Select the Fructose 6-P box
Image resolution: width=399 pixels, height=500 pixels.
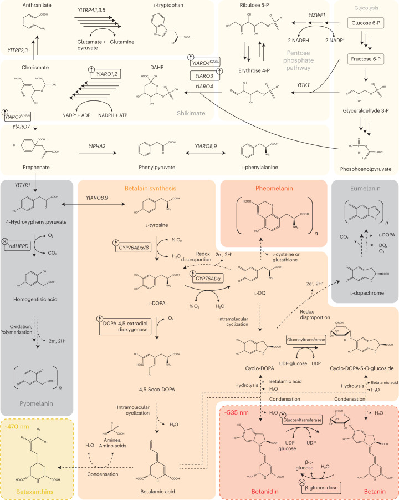(x=366, y=58)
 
